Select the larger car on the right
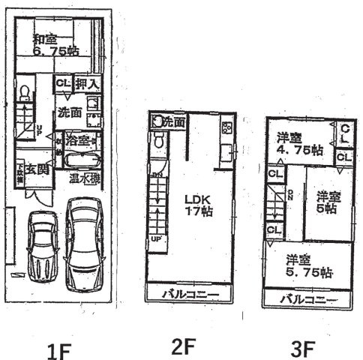coord(85,244)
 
